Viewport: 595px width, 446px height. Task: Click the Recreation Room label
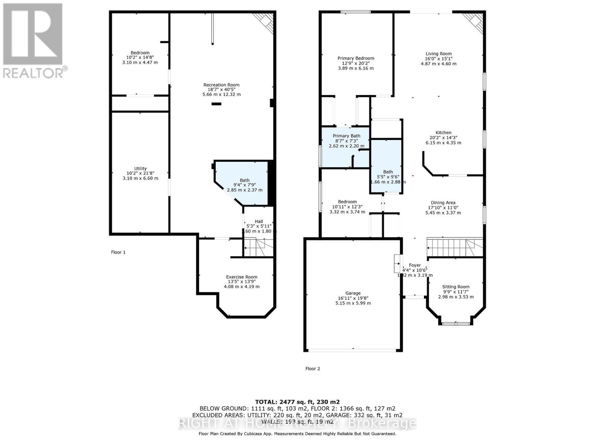click(221, 90)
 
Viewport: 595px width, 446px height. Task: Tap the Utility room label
click(140, 173)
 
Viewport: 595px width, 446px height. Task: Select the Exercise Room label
click(242, 281)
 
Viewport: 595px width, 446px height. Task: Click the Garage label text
click(353, 298)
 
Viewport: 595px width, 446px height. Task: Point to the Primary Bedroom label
click(356, 63)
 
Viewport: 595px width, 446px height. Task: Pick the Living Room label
click(438, 59)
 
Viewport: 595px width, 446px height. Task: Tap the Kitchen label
click(443, 138)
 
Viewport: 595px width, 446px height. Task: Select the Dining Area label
click(443, 208)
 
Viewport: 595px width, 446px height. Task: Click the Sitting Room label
click(456, 291)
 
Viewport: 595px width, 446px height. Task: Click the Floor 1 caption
click(118, 252)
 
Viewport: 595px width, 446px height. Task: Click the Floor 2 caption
click(312, 369)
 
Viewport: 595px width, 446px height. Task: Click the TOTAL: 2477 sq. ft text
click(297, 402)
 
